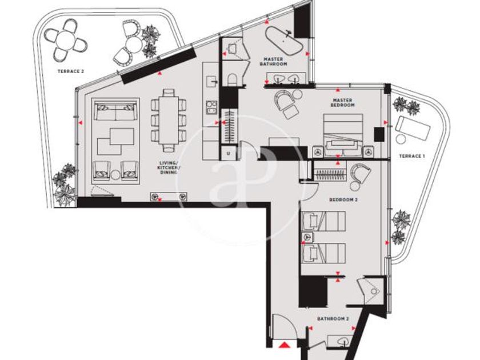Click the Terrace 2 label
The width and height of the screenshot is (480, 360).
click(71, 71)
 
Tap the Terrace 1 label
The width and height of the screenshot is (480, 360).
click(412, 156)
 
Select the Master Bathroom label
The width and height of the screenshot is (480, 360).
click(273, 62)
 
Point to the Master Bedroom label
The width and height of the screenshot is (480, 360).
click(342, 102)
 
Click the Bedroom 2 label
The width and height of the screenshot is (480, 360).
click(343, 200)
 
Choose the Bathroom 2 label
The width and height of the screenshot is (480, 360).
click(333, 319)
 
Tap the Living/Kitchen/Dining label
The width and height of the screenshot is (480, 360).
click(169, 167)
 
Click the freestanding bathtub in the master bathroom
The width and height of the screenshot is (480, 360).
click(284, 41)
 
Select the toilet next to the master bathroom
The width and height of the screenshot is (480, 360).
click(233, 79)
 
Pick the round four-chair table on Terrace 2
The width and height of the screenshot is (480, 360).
click(66, 40)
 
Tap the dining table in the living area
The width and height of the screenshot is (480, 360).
click(169, 121)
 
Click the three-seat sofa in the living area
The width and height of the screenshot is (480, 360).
click(115, 112)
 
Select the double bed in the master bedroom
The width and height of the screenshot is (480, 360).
click(343, 136)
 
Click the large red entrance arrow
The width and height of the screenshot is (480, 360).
click(285, 345)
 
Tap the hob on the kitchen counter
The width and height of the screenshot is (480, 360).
click(211, 108)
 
